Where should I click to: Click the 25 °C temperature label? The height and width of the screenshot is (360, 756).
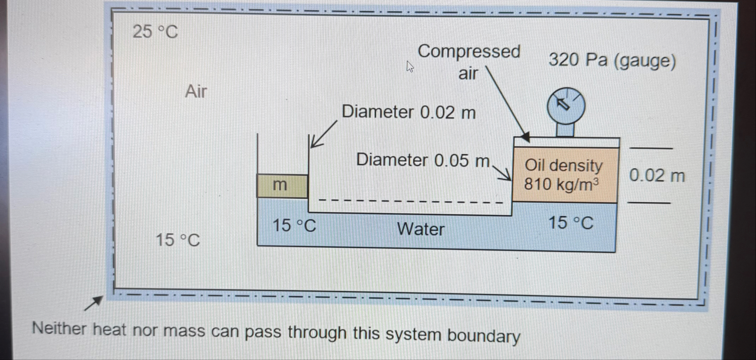click(x=155, y=32)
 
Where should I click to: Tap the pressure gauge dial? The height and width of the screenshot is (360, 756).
click(x=566, y=106)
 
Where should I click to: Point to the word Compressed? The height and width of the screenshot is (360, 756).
click(x=469, y=52)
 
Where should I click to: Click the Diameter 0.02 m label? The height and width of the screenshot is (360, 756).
click(x=409, y=112)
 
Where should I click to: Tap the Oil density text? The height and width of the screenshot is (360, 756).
click(x=564, y=165)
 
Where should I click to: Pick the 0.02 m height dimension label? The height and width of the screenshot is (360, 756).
click(x=657, y=176)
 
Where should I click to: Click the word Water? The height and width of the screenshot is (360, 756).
click(x=421, y=229)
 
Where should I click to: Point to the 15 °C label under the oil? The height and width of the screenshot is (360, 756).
click(x=570, y=223)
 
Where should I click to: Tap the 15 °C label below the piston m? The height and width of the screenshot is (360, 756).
click(x=294, y=226)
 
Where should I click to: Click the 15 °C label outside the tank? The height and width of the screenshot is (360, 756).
click(x=178, y=240)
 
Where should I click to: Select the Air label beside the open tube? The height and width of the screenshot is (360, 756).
click(x=196, y=91)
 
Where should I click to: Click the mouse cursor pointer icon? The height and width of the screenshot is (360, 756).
click(x=410, y=67)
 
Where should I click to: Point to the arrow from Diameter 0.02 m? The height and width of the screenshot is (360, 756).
click(x=323, y=134)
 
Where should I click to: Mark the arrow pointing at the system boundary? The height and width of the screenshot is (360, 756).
click(x=94, y=303)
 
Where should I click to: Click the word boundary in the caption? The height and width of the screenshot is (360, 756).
click(x=484, y=336)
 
